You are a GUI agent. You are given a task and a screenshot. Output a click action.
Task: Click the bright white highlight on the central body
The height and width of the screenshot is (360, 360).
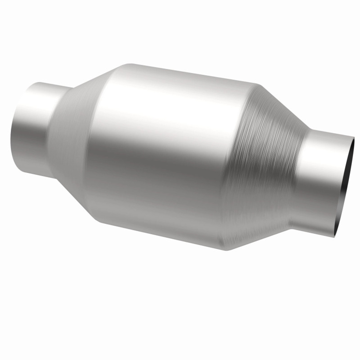tap(169, 107)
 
